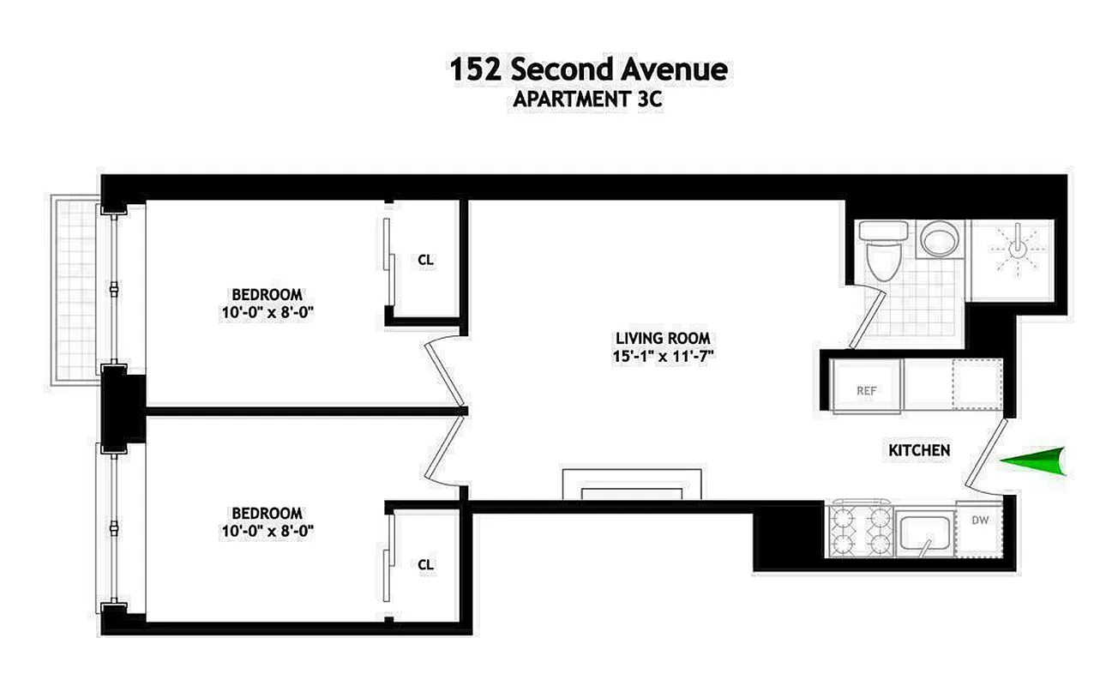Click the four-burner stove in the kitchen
(859, 532)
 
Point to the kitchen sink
(924, 533)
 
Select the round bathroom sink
(939, 238)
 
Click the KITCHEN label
(918, 450)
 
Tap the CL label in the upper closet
(426, 259)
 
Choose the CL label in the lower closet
(426, 564)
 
